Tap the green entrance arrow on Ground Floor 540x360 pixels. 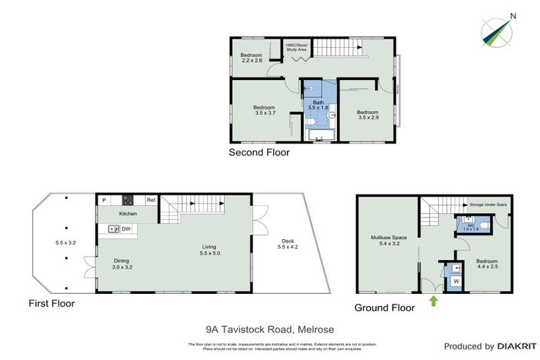click(x=433, y=302)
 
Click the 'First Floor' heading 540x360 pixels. click(x=51, y=304)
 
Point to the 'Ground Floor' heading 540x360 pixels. click(x=384, y=307)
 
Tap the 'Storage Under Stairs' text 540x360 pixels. click(x=488, y=204)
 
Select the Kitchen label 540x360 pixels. click(x=127, y=213)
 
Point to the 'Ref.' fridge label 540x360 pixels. click(x=151, y=200)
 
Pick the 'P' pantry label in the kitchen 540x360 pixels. click(x=103, y=200)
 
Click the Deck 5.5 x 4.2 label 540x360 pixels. click(x=288, y=243)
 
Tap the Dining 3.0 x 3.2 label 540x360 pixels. click(x=122, y=264)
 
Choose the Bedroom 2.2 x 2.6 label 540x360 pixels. click(x=251, y=58)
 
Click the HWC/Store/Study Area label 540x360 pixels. click(x=295, y=47)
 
